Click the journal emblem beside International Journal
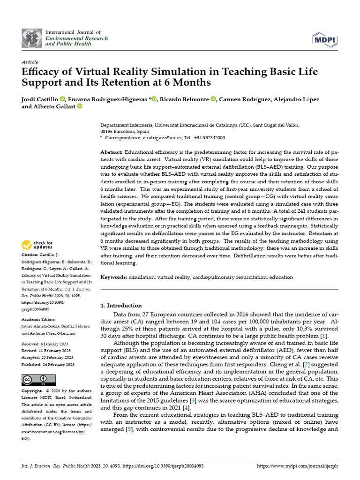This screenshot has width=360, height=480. (31, 37)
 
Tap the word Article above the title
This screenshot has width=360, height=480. (30, 62)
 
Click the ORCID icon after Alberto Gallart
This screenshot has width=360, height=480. (79, 106)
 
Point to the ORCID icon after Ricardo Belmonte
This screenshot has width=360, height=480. (213, 99)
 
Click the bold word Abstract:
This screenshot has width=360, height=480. (112, 153)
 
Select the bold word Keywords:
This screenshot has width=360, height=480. (114, 277)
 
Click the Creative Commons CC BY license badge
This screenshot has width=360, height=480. (38, 380)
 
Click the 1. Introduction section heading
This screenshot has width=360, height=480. (121, 306)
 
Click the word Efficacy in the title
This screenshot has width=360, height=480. (44, 73)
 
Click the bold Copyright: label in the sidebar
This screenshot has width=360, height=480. (32, 390)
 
